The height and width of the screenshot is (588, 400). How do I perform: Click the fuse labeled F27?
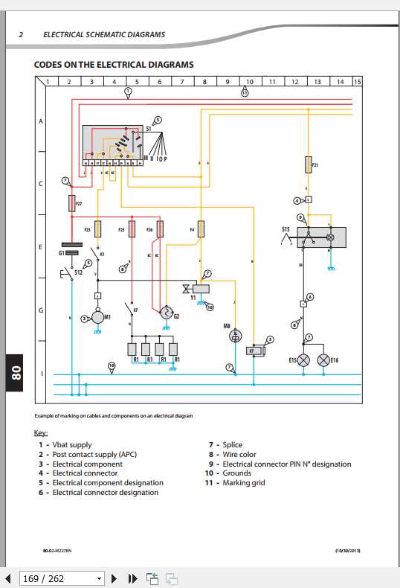click(71, 202)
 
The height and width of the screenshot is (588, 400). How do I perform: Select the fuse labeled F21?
click(308, 164)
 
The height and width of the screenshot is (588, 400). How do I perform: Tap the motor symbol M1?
click(97, 318)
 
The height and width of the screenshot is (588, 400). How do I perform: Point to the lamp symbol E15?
click(303, 360)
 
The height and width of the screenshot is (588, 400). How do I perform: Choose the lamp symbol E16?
click(323, 360)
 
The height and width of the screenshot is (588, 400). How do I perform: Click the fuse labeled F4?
click(200, 229)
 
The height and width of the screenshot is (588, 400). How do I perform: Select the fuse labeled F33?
click(97, 229)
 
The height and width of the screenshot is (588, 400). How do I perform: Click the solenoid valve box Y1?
click(201, 288)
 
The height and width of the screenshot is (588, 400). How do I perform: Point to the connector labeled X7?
click(254, 350)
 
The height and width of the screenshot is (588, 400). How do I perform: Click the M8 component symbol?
click(236, 336)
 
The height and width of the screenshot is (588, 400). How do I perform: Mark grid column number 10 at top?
click(249, 81)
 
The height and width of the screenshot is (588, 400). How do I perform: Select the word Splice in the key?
click(232, 445)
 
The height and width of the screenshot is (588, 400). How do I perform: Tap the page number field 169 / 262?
click(54, 578)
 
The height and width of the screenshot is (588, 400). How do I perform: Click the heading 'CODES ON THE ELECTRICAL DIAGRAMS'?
click(114, 65)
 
